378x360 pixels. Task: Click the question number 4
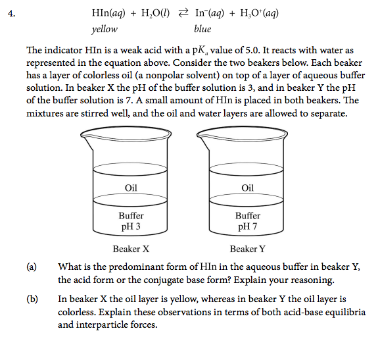click(x=11, y=13)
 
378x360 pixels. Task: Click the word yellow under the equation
click(x=105, y=29)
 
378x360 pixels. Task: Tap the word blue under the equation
click(x=202, y=29)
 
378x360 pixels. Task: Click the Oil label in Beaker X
click(x=131, y=188)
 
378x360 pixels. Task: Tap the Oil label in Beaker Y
click(x=248, y=188)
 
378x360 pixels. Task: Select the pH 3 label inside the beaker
click(x=131, y=226)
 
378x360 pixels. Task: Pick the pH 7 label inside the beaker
click(x=248, y=226)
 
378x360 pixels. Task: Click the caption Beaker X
click(x=131, y=249)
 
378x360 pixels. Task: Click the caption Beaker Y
click(x=248, y=249)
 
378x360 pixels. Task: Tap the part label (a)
click(x=31, y=267)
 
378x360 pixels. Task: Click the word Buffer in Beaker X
click(x=131, y=216)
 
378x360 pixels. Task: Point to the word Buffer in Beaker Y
click(x=248, y=216)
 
